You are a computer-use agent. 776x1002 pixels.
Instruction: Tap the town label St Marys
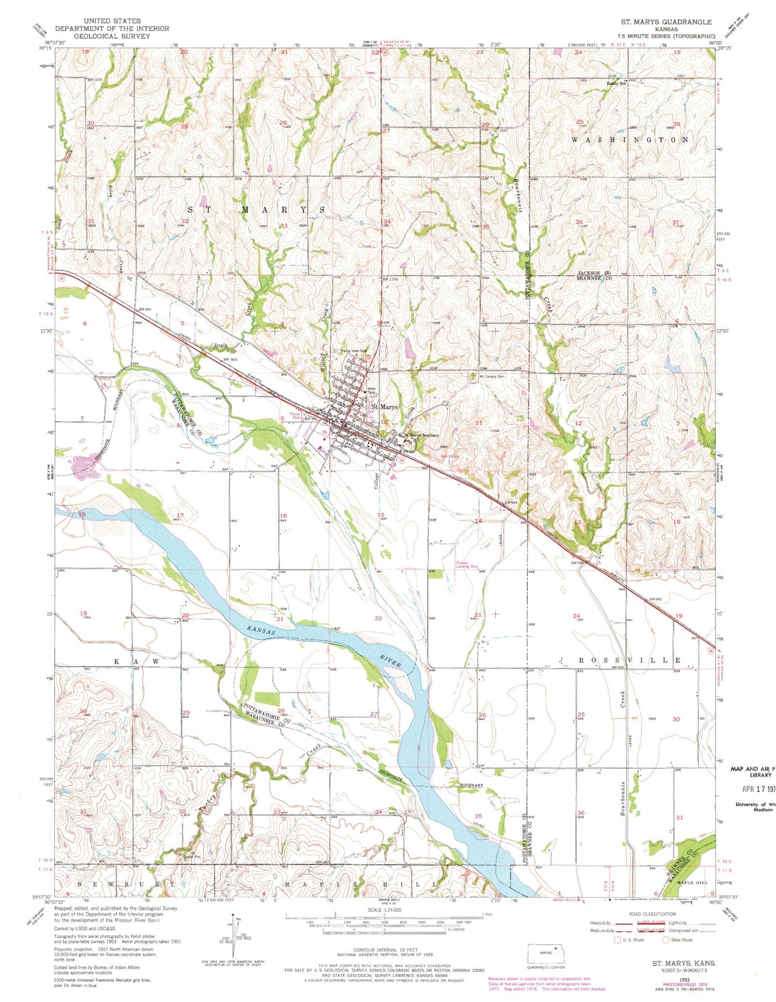click(x=385, y=407)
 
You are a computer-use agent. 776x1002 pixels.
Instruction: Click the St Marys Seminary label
click(x=422, y=435)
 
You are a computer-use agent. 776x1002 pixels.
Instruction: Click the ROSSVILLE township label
click(x=620, y=660)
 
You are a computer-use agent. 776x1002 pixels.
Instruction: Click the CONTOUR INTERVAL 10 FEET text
click(x=385, y=950)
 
